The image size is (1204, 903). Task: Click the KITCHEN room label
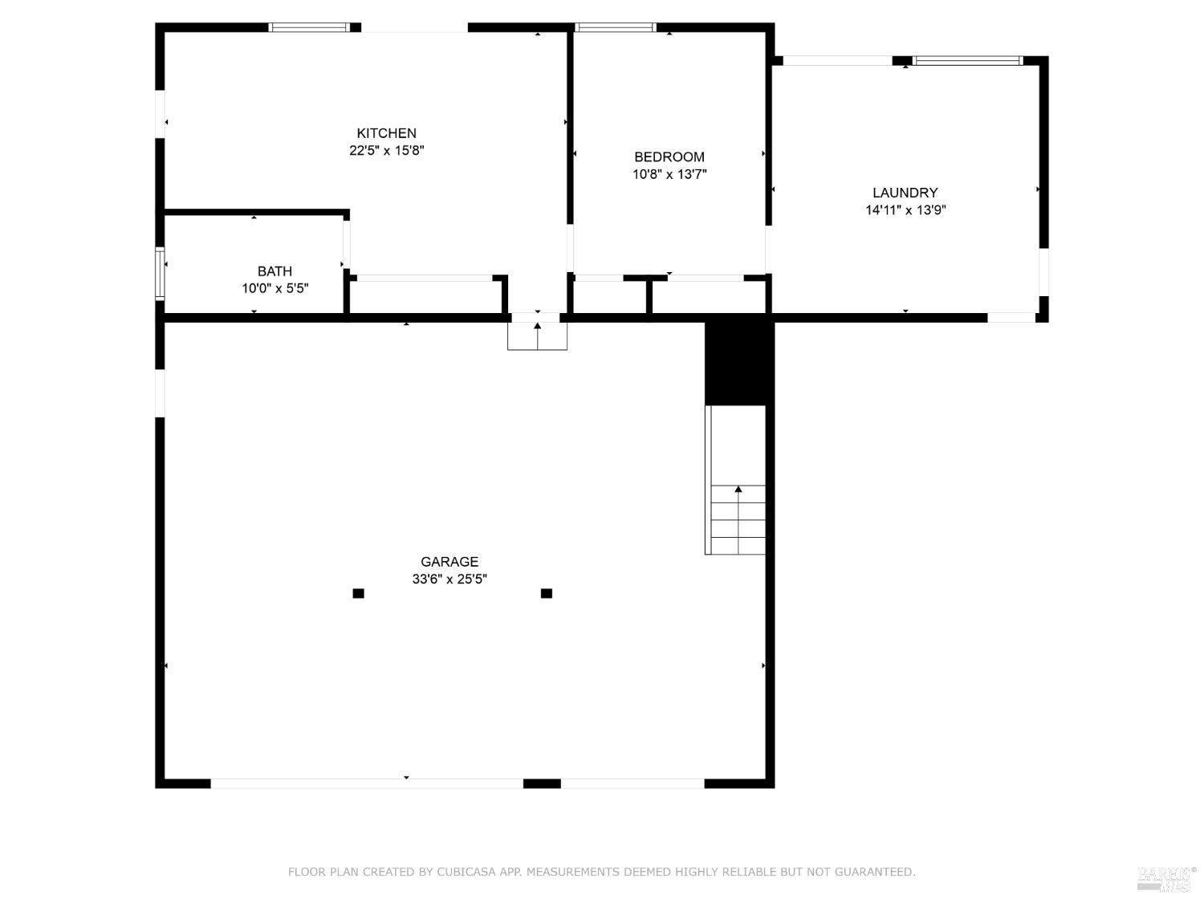click(x=386, y=133)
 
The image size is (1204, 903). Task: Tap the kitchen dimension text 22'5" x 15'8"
click(x=386, y=150)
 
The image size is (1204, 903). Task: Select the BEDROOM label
click(x=669, y=157)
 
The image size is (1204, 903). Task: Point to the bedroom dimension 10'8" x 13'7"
click(x=669, y=174)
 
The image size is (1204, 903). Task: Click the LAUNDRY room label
click(x=905, y=193)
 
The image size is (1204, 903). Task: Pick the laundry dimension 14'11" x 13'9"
click(x=905, y=210)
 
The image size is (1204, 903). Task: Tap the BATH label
click(x=275, y=271)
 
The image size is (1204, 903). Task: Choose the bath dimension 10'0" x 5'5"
click(x=275, y=288)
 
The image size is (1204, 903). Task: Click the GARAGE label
click(x=449, y=562)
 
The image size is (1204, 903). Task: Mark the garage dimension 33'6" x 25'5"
click(x=449, y=579)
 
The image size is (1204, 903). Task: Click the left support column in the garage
click(x=359, y=593)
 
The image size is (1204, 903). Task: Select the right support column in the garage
click(x=547, y=593)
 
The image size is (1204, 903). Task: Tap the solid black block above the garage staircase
click(x=738, y=364)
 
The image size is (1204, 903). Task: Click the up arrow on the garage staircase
click(x=738, y=490)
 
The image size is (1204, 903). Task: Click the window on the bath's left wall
click(x=160, y=275)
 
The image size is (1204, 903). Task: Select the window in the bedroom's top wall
click(x=616, y=27)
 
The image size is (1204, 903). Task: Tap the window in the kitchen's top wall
click(x=309, y=27)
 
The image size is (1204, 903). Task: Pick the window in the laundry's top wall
click(x=968, y=60)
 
